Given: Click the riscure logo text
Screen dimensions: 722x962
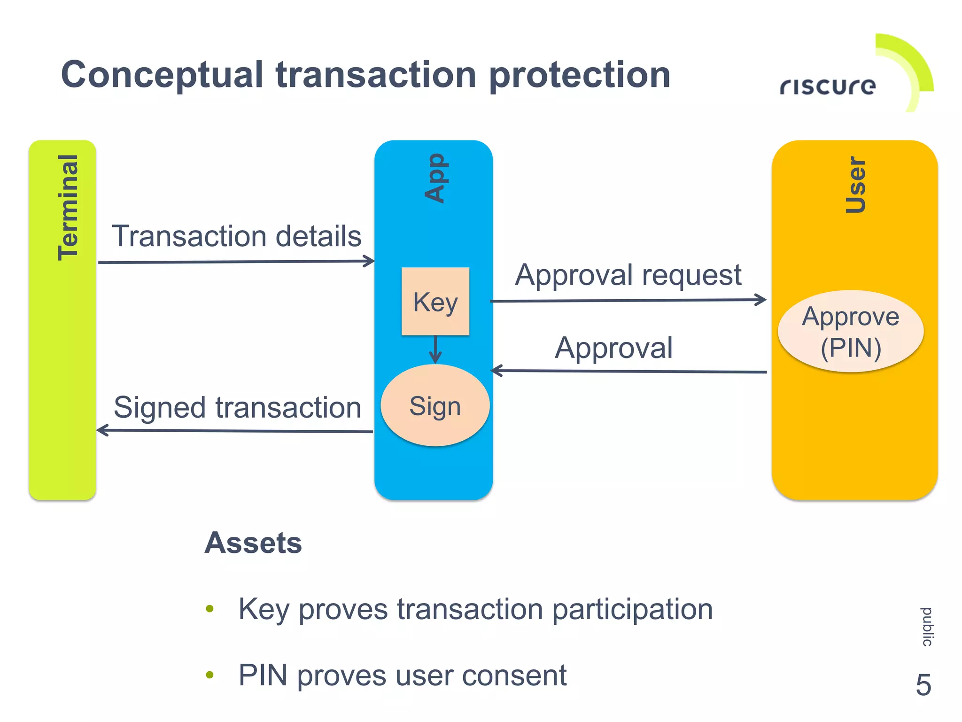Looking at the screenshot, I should click(x=828, y=86).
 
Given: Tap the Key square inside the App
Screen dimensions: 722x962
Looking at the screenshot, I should click(x=435, y=302).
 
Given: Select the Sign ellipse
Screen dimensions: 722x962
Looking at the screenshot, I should click(x=435, y=405).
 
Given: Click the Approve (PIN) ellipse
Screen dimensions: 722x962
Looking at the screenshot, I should click(x=851, y=332).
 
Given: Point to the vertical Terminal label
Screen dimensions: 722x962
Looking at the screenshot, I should click(x=69, y=207).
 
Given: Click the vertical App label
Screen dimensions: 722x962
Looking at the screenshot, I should click(x=435, y=178).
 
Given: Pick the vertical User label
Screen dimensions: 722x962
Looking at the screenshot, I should click(x=855, y=185).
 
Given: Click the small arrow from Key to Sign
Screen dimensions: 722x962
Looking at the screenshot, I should click(x=435, y=350).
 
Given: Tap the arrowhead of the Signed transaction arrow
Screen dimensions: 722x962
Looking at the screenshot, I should click(x=102, y=430).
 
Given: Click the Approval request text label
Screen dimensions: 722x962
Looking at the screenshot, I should click(x=628, y=275).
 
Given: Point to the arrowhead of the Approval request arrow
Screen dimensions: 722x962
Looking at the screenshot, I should click(x=760, y=300).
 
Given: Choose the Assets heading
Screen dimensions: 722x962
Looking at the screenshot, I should click(x=253, y=543).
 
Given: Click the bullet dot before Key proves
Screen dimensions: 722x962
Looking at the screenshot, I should click(x=209, y=609).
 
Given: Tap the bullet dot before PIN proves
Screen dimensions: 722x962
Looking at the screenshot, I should click(x=209, y=675).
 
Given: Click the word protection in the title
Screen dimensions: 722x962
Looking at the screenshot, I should click(x=579, y=75).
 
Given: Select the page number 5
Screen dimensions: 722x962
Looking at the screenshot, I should click(x=923, y=685).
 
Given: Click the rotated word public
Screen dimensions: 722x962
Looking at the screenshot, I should click(x=927, y=627).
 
